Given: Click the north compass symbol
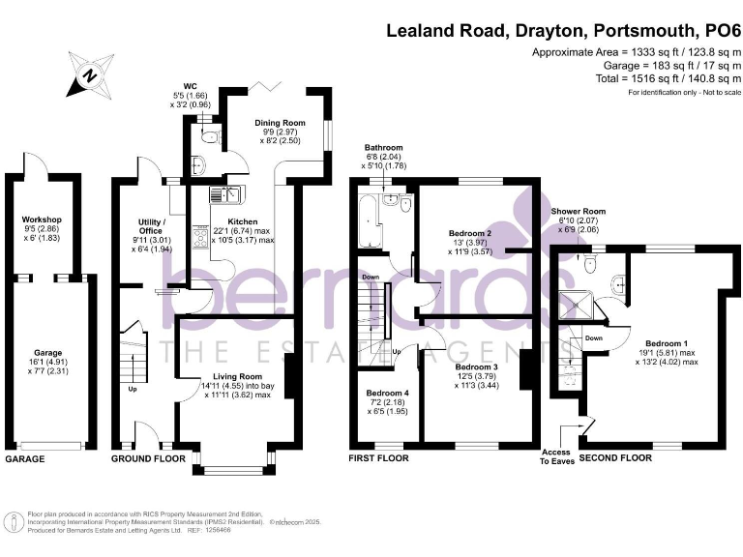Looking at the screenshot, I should [x=89, y=74].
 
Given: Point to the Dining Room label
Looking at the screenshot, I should [x=280, y=123].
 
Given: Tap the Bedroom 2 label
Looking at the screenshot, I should [x=471, y=233].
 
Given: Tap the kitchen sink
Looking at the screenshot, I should [x=230, y=196].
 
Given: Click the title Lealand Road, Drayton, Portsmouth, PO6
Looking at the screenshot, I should [x=559, y=29].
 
